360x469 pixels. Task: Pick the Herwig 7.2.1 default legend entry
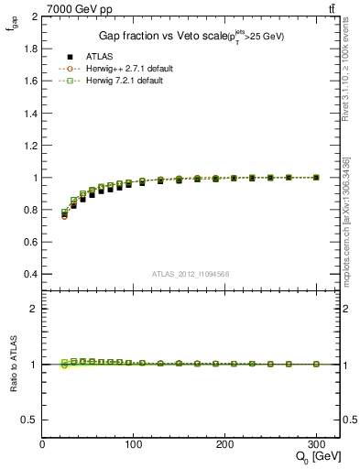[125, 81]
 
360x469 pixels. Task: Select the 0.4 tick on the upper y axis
[27, 274]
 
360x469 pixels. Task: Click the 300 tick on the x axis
[316, 444]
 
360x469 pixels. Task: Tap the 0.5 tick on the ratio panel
[27, 420]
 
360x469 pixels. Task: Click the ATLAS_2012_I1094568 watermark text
[191, 273]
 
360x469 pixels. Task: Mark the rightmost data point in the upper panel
[316, 177]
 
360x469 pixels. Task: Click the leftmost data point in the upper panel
[64, 214]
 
